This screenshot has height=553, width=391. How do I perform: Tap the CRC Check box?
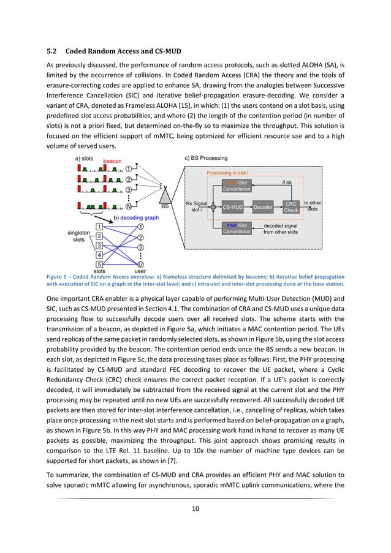click(291, 207)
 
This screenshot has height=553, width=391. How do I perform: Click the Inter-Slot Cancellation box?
click(237, 228)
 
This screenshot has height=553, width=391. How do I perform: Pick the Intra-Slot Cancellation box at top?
click(237, 186)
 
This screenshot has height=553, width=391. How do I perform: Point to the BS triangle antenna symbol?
click(164, 195)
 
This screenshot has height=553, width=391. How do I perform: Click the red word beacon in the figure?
click(113, 161)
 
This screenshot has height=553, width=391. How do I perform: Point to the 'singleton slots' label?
click(78, 236)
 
